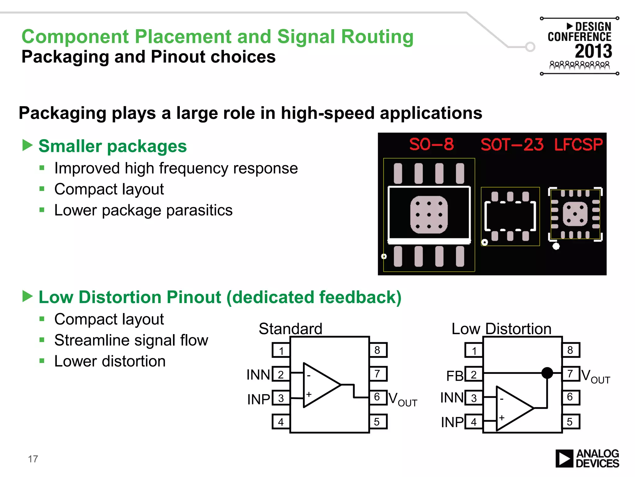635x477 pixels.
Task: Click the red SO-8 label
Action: (x=431, y=144)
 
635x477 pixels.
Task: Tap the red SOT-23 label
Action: (x=512, y=145)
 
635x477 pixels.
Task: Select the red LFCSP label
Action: (x=578, y=144)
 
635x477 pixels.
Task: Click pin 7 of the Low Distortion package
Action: (x=571, y=374)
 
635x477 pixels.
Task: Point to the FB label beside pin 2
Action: (x=455, y=376)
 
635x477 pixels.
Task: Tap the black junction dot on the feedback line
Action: (x=547, y=373)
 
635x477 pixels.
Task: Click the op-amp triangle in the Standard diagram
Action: (x=319, y=385)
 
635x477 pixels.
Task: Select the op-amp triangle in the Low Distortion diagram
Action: (x=512, y=408)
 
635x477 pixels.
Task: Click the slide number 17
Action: (x=33, y=459)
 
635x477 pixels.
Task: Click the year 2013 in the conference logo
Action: (x=593, y=51)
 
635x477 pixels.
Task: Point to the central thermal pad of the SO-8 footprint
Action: (x=429, y=215)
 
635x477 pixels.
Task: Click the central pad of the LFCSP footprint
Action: (x=575, y=214)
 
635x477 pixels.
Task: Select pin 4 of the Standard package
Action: (x=281, y=422)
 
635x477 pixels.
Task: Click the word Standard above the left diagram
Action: (x=291, y=329)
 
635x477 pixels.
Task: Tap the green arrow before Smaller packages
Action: (x=28, y=145)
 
